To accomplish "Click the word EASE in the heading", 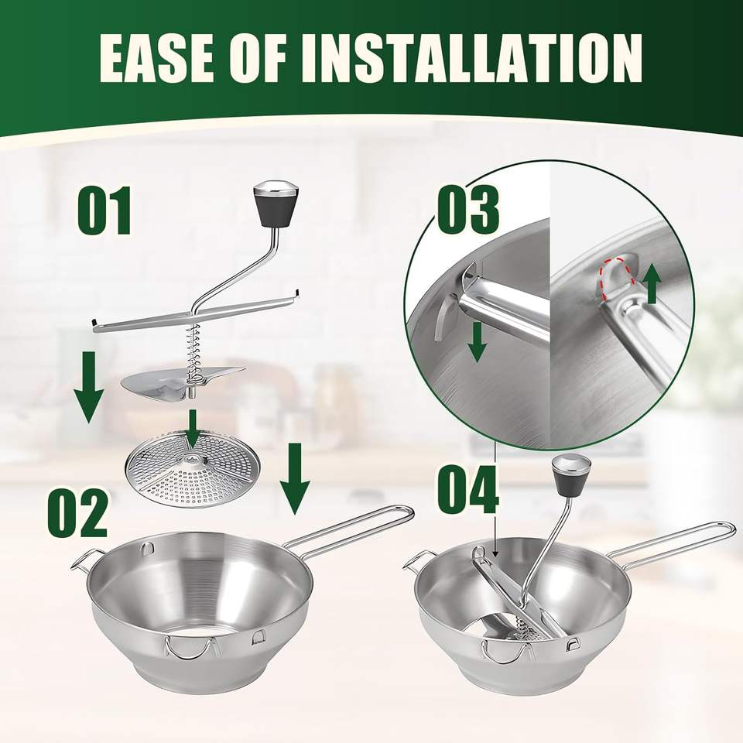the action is point(156,60).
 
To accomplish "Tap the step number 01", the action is point(104,211).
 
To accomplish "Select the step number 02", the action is point(77,514).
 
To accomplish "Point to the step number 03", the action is point(467,210).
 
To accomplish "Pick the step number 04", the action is point(468,489).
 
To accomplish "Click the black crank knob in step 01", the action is point(276,203).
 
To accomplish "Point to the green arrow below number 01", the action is point(88,387).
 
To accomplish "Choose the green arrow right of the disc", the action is point(295,478).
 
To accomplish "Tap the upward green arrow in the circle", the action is point(652,284).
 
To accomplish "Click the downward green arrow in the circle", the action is point(478,341).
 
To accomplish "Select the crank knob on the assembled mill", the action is point(569,475).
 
